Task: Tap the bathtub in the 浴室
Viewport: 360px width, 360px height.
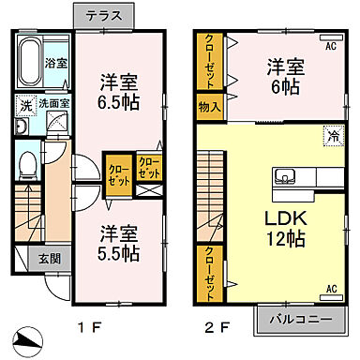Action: click(x=31, y=55)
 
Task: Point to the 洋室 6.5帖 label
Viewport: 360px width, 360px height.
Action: click(x=119, y=92)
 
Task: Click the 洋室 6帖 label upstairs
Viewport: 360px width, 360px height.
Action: click(x=284, y=77)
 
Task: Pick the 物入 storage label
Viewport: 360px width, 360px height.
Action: click(x=210, y=107)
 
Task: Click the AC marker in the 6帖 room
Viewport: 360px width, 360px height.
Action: click(x=331, y=44)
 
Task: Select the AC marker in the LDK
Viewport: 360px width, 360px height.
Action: click(x=331, y=290)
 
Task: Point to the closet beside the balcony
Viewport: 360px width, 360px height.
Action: click(x=209, y=268)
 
